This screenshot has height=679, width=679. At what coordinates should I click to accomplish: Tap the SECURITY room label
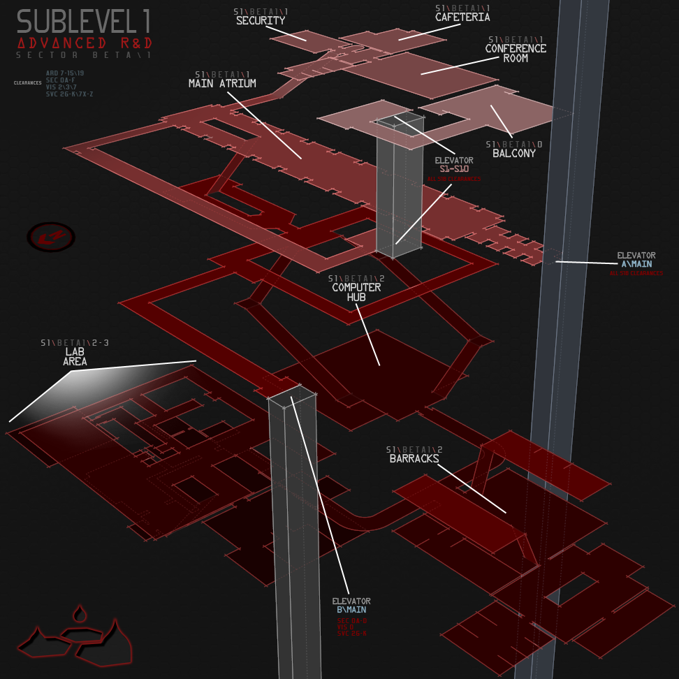[261, 21]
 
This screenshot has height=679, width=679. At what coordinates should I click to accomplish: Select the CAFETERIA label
[462, 17]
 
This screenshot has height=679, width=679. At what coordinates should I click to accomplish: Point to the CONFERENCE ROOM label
[516, 53]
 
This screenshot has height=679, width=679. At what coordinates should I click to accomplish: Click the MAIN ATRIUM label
[222, 83]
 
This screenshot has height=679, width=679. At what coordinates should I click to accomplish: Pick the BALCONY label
[514, 153]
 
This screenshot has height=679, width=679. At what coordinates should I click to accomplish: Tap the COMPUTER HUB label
[356, 292]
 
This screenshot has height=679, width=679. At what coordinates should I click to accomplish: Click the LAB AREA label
[75, 357]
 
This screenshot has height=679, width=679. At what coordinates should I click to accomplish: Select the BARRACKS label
[414, 459]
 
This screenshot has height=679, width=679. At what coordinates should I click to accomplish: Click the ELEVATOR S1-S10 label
[454, 165]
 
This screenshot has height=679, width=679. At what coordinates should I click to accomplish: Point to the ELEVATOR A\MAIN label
[636, 260]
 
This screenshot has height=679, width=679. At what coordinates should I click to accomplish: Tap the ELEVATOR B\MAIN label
[351, 606]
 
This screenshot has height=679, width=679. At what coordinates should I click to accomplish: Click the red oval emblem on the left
[51, 238]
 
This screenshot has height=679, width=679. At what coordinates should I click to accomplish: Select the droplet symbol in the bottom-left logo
[81, 614]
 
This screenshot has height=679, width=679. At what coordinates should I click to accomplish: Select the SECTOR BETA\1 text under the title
[84, 55]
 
